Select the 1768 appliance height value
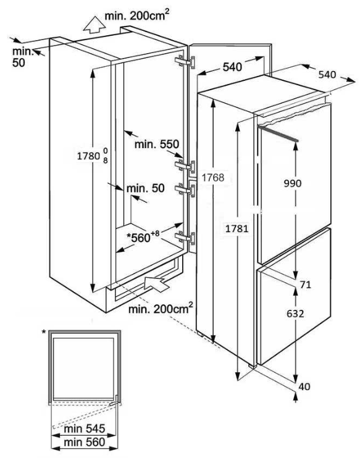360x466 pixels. click(213, 177)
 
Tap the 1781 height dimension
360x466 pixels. click(237, 228)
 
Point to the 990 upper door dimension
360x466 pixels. click(293, 183)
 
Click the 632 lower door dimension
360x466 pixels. click(295, 314)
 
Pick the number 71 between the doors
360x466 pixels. click(305, 285)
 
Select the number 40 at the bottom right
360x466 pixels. click(304, 386)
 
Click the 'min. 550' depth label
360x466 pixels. click(157, 144)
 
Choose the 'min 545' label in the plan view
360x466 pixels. click(85, 428)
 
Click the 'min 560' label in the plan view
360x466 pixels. click(85, 442)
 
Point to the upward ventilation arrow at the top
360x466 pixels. click(94, 24)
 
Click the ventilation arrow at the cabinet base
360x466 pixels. click(157, 283)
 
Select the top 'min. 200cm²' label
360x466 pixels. click(137, 15)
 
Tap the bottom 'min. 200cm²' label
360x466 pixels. click(161, 308)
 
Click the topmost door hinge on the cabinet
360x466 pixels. click(185, 62)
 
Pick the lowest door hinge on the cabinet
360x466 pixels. click(185, 238)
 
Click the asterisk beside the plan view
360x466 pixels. click(44, 332)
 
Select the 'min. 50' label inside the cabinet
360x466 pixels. click(145, 188)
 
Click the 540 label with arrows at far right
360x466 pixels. click(327, 74)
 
